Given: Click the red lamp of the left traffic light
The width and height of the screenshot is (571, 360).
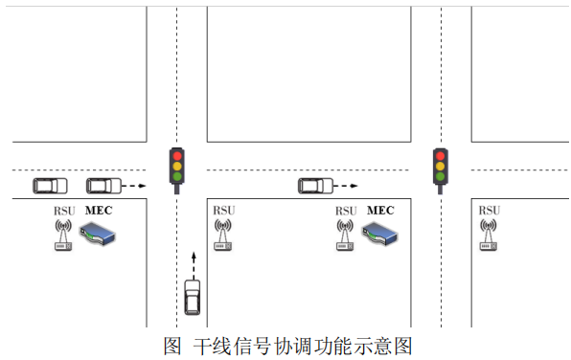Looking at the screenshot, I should (176, 154).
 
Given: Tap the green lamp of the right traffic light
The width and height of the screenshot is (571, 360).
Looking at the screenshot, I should (441, 175).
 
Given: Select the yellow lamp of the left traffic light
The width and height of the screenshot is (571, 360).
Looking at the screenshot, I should (176, 165).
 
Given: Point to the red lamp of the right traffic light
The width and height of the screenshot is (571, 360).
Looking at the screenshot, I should (441, 154).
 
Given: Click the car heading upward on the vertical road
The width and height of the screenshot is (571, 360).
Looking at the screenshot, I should (193, 296).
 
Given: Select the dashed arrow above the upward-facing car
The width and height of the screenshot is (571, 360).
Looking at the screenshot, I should (193, 262).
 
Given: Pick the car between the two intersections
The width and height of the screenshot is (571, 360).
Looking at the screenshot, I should (315, 185).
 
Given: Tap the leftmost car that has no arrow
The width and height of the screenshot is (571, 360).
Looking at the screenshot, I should (50, 185).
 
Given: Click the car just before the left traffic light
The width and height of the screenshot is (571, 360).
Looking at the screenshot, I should (103, 185).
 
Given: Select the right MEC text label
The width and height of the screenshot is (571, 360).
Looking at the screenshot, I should (380, 210).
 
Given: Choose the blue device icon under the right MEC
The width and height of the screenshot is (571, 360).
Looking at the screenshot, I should (379, 234).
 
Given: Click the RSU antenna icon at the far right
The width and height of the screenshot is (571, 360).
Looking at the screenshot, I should (489, 236).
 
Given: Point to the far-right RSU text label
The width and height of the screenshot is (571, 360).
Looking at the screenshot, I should (489, 211).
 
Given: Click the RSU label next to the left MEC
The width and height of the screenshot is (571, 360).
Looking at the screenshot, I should (63, 211).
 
